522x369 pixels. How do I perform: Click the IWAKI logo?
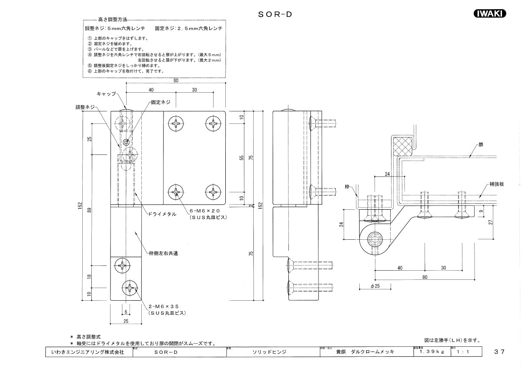coord(489,13)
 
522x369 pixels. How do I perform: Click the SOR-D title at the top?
coord(274,14)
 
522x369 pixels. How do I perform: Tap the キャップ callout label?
coord(106,94)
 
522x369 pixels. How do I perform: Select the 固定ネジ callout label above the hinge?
coord(160,103)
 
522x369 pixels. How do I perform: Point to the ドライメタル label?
coord(162,214)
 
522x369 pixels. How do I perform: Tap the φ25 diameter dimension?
coord(375,286)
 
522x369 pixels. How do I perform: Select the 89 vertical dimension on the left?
coord(89,209)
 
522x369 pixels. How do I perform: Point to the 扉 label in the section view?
coord(481,144)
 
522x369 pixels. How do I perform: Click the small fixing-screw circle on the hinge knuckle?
coord(126,142)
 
